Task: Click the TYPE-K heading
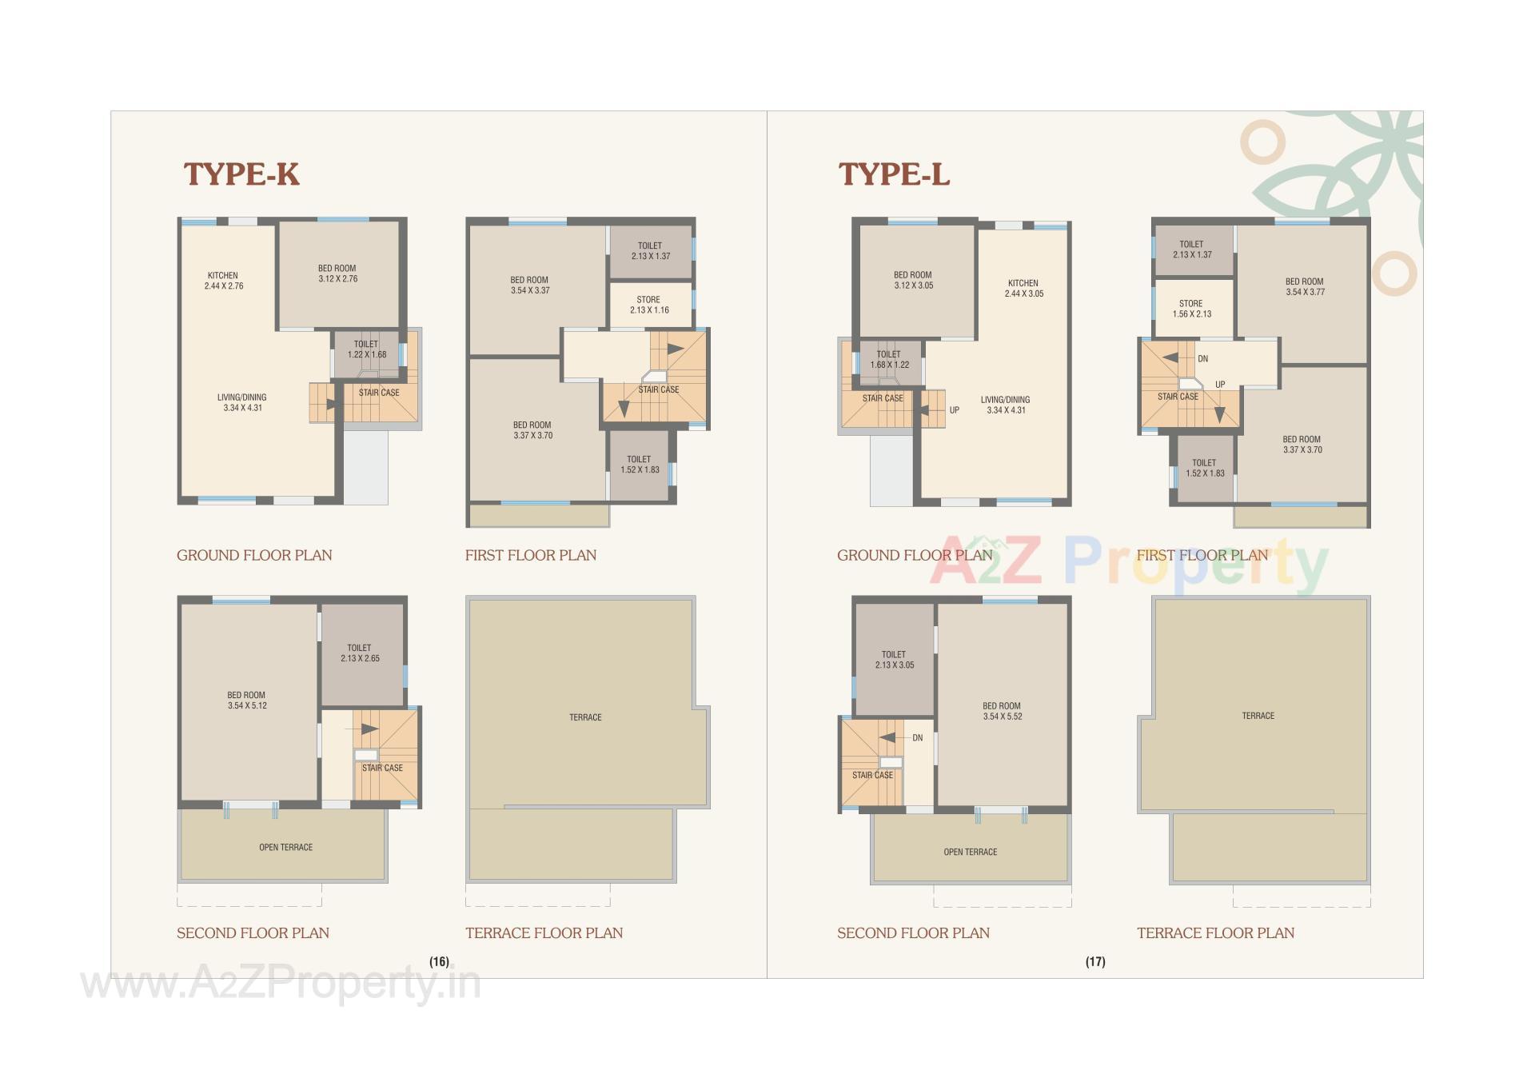tap(241, 174)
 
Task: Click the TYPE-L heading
tap(894, 174)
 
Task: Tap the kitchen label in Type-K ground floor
tap(223, 281)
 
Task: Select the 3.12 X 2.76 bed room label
tap(337, 273)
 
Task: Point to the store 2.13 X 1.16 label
tap(649, 305)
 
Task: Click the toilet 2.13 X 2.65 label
tap(360, 653)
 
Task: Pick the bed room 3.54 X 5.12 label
tap(247, 701)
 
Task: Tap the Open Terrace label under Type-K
tap(285, 847)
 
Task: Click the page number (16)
tap(439, 961)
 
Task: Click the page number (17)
tap(1095, 961)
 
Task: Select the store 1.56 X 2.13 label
tap(1191, 309)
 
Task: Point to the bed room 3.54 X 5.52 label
tap(1003, 711)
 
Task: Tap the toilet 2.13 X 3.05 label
tap(894, 660)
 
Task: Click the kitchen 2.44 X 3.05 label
tap(1023, 288)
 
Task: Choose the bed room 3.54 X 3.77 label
tap(1305, 286)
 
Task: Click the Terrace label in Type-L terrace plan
tap(1258, 716)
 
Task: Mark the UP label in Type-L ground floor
tap(954, 410)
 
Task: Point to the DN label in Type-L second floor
tap(917, 738)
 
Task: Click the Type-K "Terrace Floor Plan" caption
tap(544, 932)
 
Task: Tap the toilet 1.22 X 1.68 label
tap(366, 349)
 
